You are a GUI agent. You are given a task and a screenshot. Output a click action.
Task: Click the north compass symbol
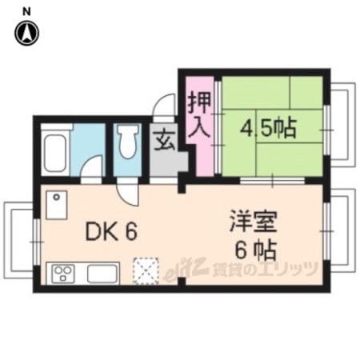(26, 33)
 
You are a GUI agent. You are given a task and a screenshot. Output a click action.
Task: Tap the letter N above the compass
(26, 11)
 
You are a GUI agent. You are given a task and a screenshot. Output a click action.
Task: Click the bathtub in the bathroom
(55, 154)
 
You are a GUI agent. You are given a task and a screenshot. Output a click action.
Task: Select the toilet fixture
(128, 142)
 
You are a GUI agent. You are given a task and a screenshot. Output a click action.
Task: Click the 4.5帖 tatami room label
(268, 128)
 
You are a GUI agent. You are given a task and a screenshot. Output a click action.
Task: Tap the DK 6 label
(111, 231)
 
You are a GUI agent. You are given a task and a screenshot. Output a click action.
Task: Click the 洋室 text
(254, 222)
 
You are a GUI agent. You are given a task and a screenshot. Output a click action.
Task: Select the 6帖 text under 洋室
(255, 250)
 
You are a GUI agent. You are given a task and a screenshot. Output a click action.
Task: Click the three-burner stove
(63, 273)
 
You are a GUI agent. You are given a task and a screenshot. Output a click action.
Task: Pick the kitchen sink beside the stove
(102, 274)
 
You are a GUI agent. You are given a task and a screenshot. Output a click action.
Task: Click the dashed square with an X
(146, 271)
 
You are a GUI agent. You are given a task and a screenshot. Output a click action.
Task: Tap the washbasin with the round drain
(56, 205)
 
